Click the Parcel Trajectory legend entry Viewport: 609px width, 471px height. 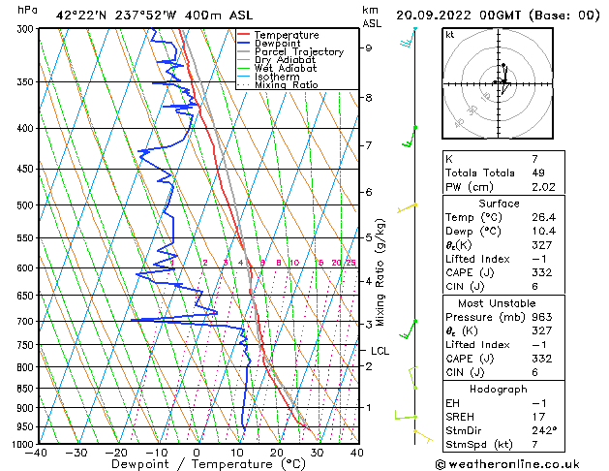[298, 51]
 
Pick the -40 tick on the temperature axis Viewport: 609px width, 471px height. [37, 453]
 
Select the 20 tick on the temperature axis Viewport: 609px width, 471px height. [277, 453]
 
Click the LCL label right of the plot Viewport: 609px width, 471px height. [380, 351]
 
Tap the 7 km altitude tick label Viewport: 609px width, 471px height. [368, 145]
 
